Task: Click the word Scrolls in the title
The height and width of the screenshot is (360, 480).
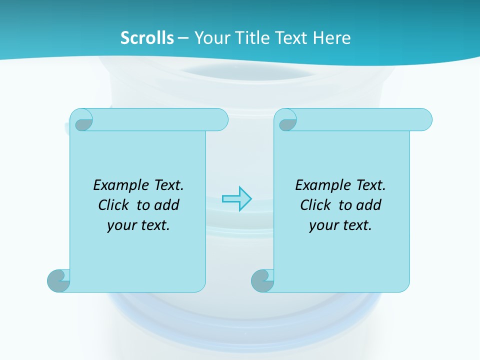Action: click(147, 38)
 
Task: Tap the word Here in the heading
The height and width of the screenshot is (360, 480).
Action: click(332, 38)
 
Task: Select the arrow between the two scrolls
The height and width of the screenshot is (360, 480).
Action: click(237, 199)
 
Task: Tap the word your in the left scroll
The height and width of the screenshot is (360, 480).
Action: click(121, 225)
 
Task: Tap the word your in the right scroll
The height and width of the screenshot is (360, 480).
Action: click(323, 225)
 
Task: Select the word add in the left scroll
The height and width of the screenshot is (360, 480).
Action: click(167, 205)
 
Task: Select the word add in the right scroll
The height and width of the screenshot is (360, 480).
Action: click(369, 205)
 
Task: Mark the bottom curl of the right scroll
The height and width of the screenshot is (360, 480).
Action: click(262, 280)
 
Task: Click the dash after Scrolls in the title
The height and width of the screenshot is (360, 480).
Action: click(183, 38)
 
